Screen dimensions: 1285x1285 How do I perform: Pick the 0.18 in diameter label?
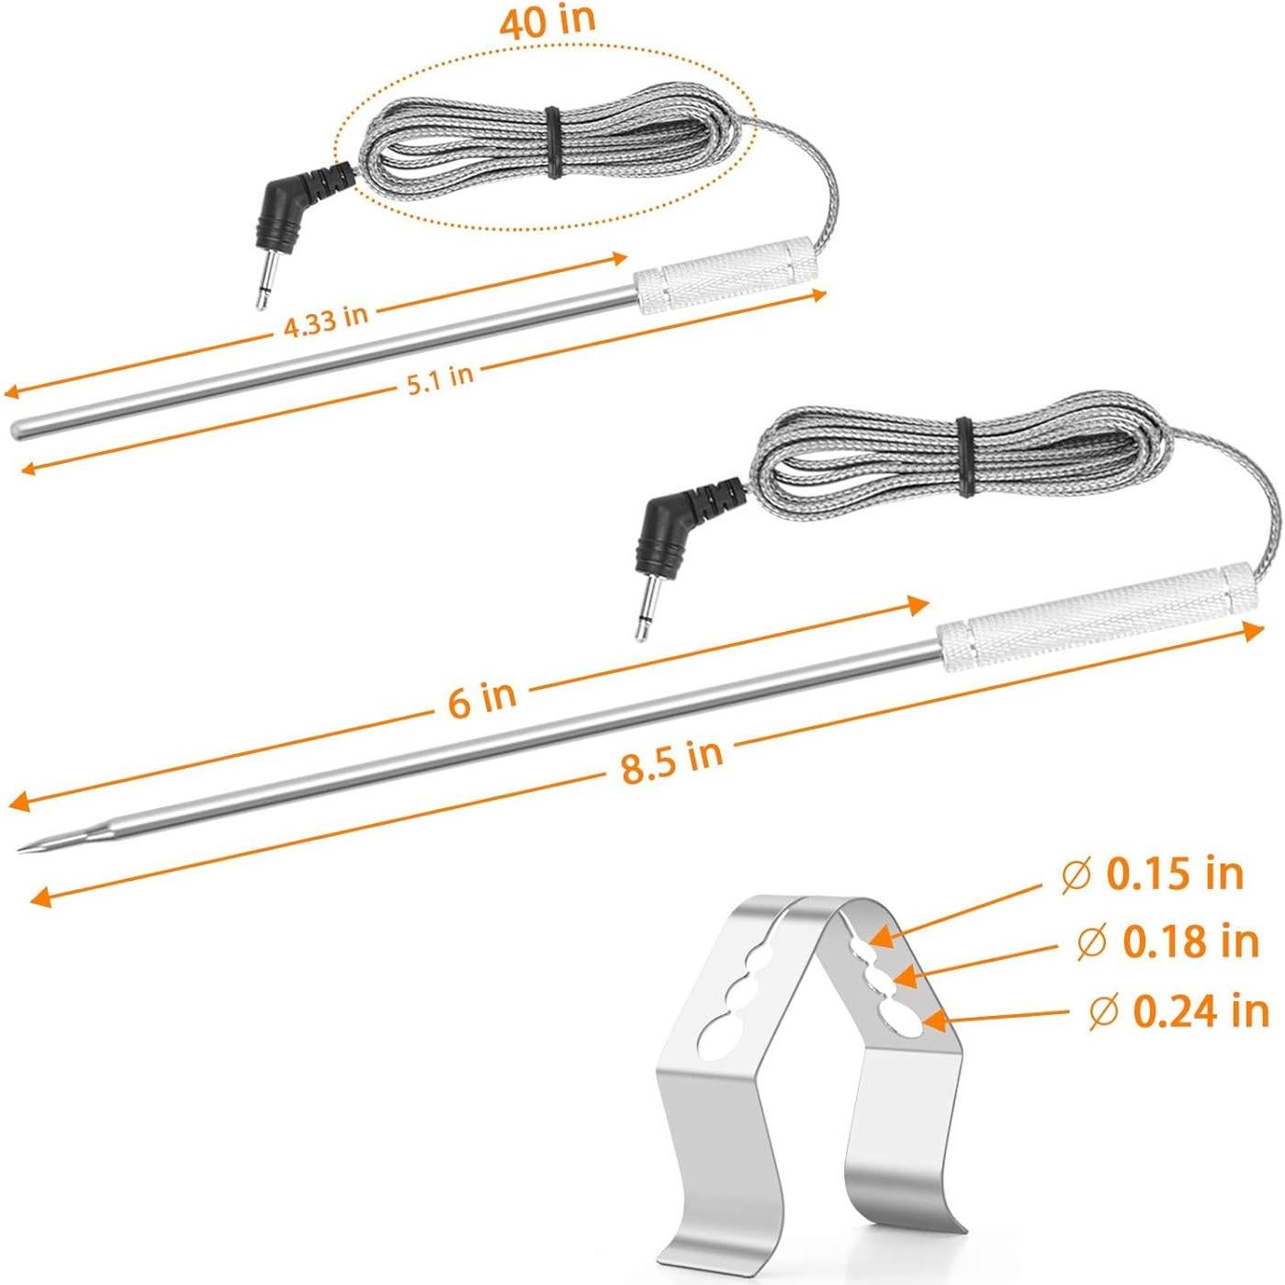coord(1168,941)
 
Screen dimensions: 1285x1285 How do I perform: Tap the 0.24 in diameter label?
coord(1179,1011)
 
